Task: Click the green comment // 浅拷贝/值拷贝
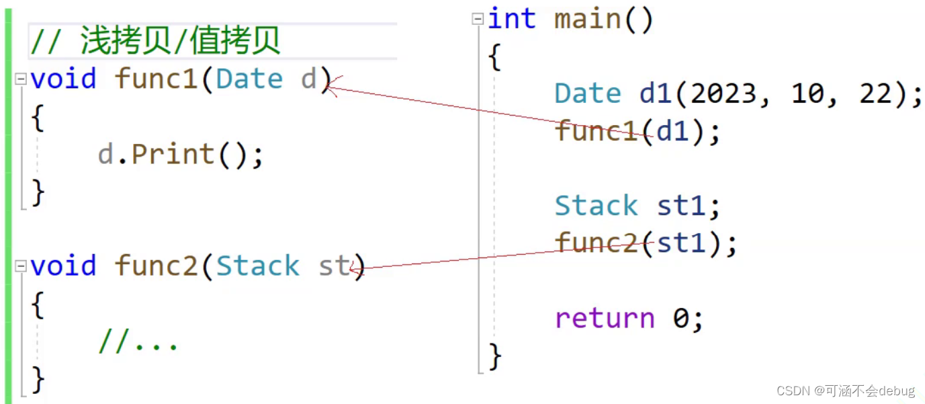(x=155, y=42)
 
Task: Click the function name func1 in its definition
(x=157, y=79)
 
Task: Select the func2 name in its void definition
(x=157, y=266)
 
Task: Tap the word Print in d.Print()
(x=173, y=155)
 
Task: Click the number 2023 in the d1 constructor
(x=723, y=94)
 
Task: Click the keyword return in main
(x=605, y=318)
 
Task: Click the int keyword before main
(x=512, y=19)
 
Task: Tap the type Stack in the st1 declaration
(x=597, y=206)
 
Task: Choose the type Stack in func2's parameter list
(x=257, y=266)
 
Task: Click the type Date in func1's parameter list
(x=249, y=79)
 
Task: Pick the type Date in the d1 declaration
(x=588, y=94)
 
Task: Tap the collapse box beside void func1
(x=21, y=79)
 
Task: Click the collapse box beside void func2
(x=21, y=266)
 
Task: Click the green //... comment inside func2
(x=138, y=343)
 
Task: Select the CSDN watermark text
(x=845, y=391)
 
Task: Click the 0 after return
(x=680, y=318)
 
